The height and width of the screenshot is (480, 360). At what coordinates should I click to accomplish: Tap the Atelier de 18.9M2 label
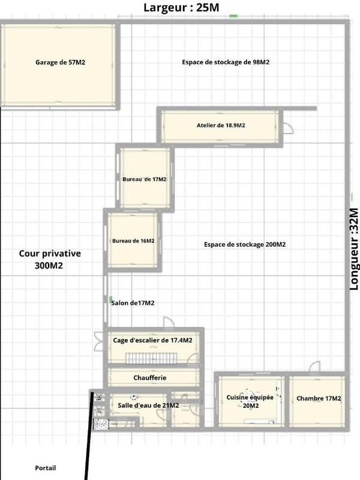click(220, 125)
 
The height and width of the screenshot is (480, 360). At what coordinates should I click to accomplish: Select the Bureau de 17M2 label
click(144, 179)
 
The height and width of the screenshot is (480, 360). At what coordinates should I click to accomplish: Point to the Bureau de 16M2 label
click(133, 241)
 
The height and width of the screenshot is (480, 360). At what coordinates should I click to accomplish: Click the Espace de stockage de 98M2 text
click(226, 62)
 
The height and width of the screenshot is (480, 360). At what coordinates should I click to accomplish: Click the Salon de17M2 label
click(133, 303)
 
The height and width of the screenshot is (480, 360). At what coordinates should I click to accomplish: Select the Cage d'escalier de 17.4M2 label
click(152, 340)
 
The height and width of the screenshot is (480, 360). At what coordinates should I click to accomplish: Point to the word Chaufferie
click(149, 377)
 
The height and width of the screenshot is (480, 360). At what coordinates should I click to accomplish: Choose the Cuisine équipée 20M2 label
click(250, 401)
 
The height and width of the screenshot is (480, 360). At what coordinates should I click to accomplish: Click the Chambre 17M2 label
click(319, 399)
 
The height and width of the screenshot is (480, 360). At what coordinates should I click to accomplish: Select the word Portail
click(46, 468)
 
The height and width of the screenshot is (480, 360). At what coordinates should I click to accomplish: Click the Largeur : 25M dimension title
click(181, 8)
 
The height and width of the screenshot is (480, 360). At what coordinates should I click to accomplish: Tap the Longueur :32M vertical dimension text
click(353, 248)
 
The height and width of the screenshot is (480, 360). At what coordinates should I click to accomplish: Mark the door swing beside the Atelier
click(287, 127)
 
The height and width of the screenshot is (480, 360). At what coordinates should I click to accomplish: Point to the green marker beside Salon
click(110, 298)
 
